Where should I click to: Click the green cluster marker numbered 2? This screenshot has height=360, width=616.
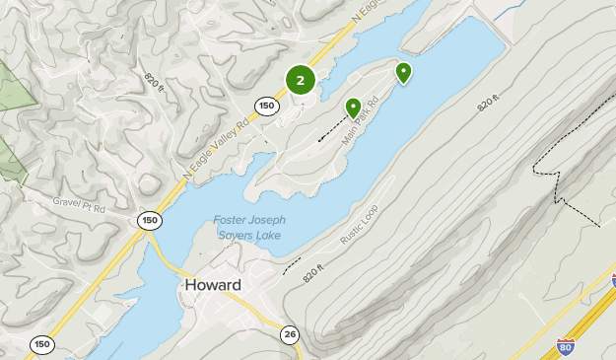(x=300, y=81)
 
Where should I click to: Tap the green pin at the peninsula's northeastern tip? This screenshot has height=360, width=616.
(x=403, y=72)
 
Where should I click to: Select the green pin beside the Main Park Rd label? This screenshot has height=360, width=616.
(x=353, y=108)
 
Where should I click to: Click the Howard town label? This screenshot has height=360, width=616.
(x=212, y=285)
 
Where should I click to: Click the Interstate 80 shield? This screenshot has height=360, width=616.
(x=565, y=347)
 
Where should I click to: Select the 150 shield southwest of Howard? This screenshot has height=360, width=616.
(x=41, y=343)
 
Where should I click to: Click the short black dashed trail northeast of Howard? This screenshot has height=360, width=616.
(x=292, y=265)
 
